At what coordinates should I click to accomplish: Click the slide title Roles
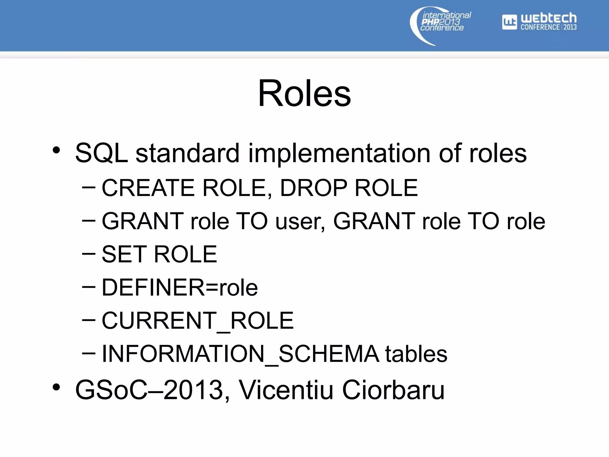point(304,93)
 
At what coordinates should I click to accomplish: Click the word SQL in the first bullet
point(101,154)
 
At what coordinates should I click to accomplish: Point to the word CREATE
point(148,188)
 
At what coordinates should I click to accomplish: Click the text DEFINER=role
point(180,288)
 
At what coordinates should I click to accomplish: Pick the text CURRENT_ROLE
point(197,321)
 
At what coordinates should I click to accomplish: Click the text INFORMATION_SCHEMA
point(241,354)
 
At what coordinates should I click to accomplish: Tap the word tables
point(416,354)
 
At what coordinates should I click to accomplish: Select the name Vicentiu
point(286,390)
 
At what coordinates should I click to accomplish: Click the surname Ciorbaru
point(393,390)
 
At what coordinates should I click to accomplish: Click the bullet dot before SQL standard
point(56,150)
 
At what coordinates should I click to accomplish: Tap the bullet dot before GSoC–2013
point(56,387)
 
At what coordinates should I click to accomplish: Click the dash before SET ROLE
point(89,254)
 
